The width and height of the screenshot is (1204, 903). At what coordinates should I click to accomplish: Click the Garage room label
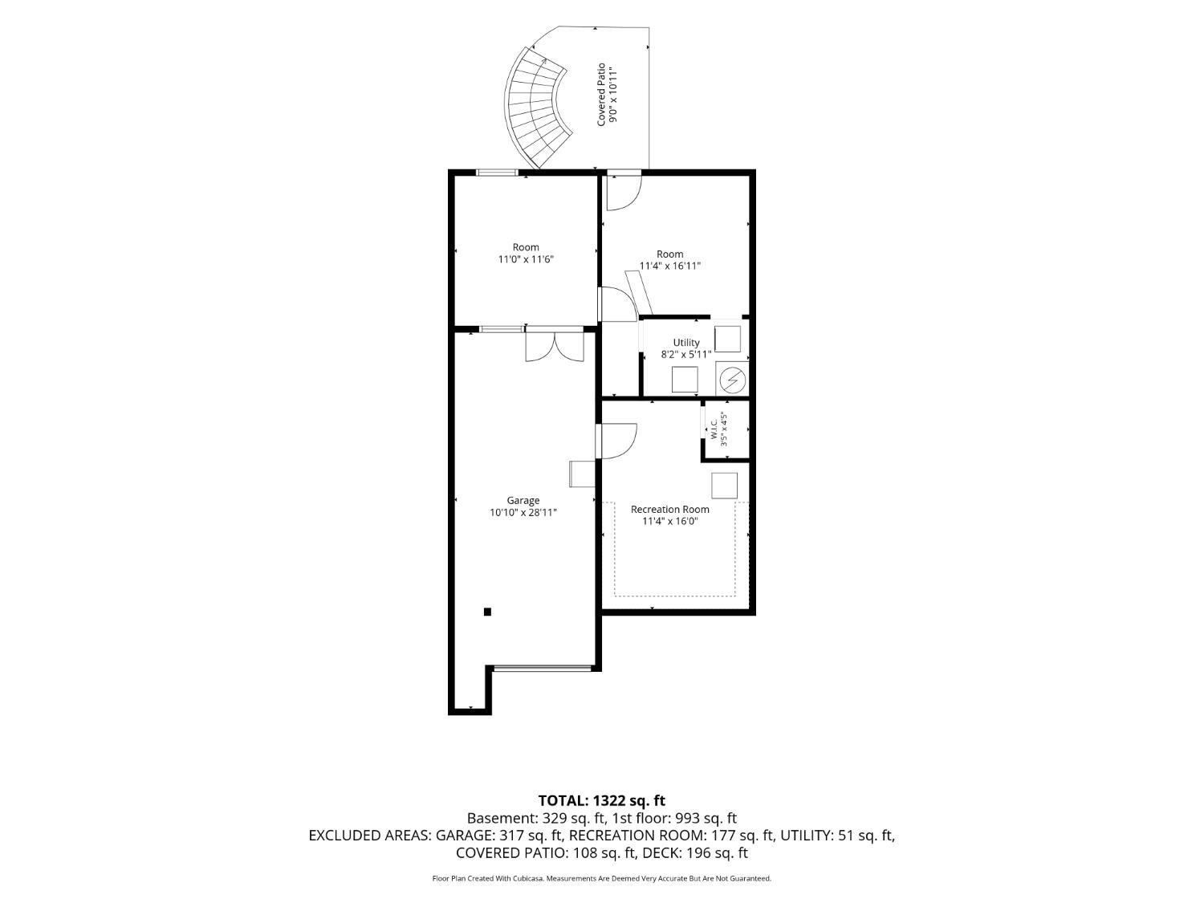(x=523, y=500)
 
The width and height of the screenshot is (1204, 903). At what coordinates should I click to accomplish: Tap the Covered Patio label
(x=601, y=94)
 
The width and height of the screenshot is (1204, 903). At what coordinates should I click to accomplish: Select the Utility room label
(x=686, y=343)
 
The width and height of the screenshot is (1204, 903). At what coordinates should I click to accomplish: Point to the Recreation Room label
(x=669, y=510)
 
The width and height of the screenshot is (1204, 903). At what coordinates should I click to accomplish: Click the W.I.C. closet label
(x=714, y=429)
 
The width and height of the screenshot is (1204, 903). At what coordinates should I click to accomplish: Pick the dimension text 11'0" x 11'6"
(x=526, y=259)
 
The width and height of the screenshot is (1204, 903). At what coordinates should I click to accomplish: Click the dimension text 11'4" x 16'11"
(x=669, y=266)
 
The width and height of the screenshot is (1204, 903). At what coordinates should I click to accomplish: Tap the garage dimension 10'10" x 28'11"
(x=523, y=513)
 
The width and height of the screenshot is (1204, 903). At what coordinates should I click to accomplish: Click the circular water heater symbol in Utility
(x=732, y=379)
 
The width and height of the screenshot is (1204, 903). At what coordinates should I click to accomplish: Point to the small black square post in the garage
(x=487, y=612)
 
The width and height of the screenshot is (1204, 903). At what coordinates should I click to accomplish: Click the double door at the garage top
(x=555, y=344)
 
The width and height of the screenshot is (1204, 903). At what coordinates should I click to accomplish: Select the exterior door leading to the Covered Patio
(x=624, y=189)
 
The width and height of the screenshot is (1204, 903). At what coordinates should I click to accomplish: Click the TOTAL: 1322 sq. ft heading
(x=602, y=800)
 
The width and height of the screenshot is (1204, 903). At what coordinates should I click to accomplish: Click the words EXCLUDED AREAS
(x=370, y=835)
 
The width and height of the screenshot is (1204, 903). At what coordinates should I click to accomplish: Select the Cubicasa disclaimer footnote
(x=602, y=879)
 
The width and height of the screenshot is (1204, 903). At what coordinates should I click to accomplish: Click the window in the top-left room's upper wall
(x=497, y=173)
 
